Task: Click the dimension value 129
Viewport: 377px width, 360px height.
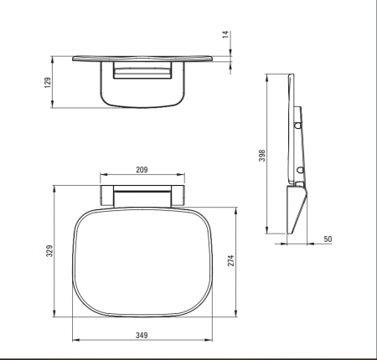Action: coord(48,83)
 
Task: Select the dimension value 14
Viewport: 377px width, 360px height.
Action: coord(225,34)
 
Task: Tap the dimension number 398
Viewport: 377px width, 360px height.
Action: coord(262,156)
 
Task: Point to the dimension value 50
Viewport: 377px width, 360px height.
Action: coord(328,239)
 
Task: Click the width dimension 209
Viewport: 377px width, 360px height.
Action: coord(142,170)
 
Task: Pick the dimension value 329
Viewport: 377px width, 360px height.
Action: coord(49,251)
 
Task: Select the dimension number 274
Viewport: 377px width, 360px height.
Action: coord(231,260)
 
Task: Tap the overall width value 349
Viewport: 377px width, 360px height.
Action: coord(142,335)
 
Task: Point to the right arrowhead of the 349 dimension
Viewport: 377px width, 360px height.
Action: coord(209,340)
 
